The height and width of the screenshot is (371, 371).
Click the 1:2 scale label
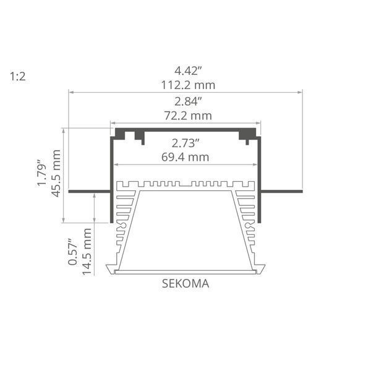tap(18, 77)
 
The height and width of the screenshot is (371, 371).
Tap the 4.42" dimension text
tap(188, 70)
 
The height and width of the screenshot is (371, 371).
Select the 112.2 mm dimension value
tap(188, 85)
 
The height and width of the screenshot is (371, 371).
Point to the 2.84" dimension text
tap(188, 101)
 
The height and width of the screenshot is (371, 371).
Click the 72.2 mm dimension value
tap(188, 116)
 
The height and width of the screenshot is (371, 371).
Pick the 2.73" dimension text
tap(185, 143)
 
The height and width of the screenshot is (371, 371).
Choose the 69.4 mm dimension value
tap(185, 157)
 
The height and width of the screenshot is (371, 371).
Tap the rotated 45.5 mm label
tap(56, 173)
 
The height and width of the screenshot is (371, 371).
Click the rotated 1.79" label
tap(42, 173)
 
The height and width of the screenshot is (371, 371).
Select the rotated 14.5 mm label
tap(87, 252)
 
